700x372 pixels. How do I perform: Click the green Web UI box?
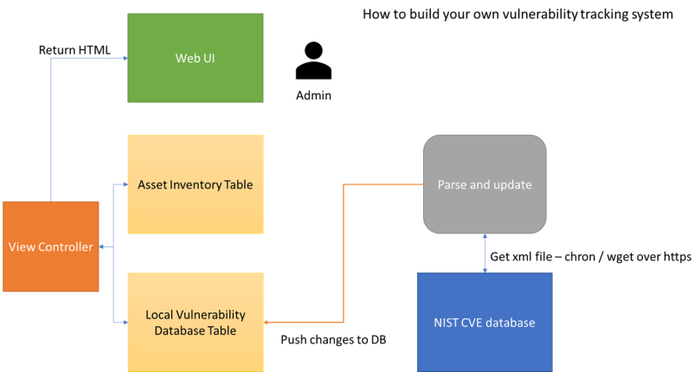coord(195,58)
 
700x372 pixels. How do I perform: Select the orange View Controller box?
coord(50,247)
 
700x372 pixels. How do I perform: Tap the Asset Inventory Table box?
coord(195,184)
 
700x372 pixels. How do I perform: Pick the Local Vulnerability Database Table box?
coord(195,322)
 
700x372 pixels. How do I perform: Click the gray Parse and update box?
coord(484,184)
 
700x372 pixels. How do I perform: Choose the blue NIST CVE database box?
coord(484,323)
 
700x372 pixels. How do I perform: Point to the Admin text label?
coord(312,95)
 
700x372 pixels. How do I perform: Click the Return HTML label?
coord(74,50)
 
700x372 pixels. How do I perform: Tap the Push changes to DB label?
coord(333,339)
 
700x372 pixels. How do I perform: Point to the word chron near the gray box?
coord(575,257)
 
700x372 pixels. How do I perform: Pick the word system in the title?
coord(652,14)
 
